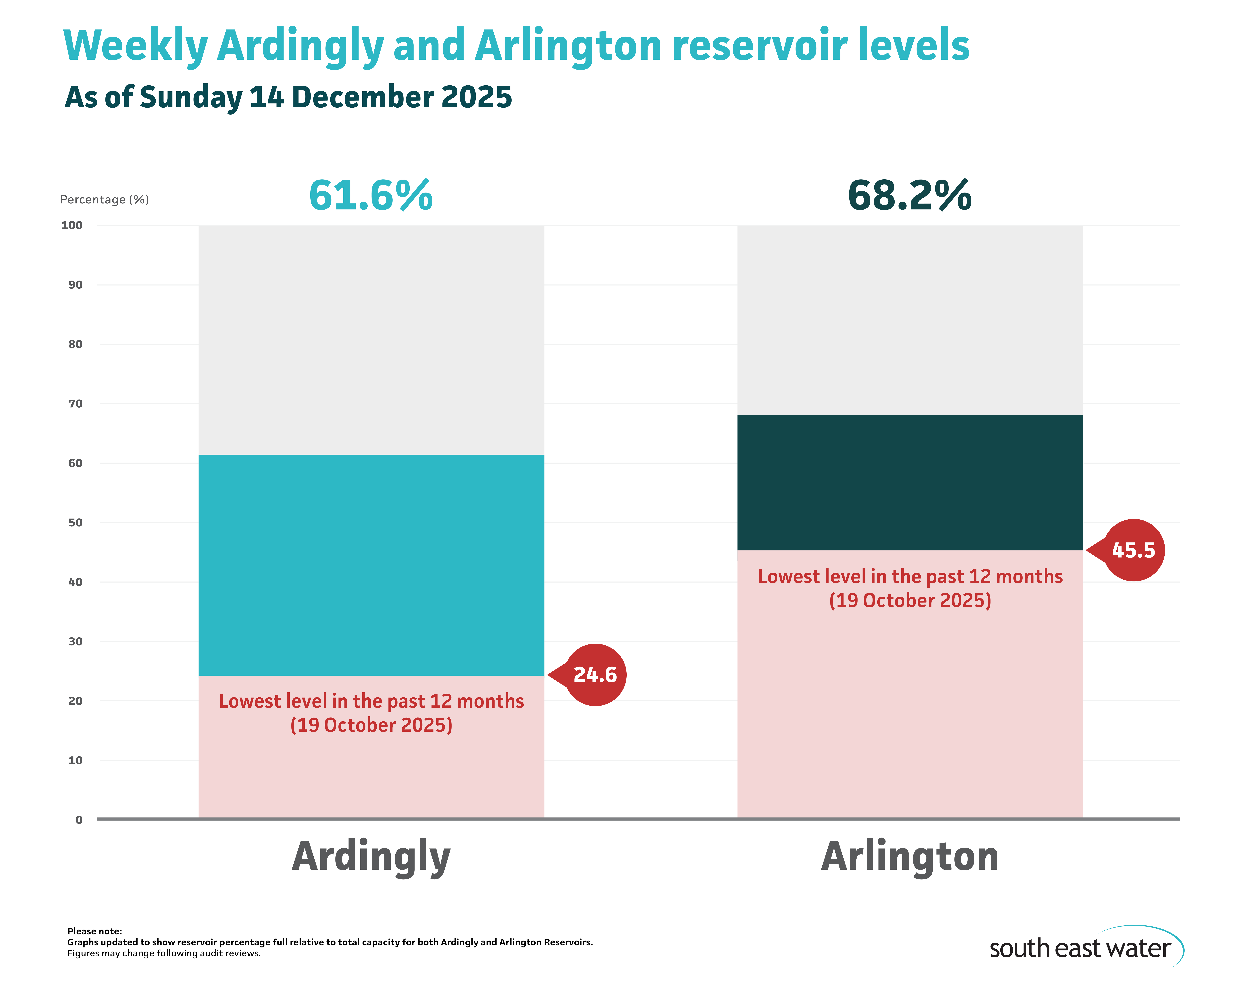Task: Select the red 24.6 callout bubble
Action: [595, 674]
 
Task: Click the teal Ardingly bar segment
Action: [371, 565]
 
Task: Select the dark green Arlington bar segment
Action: [910, 482]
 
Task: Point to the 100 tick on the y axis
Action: [72, 225]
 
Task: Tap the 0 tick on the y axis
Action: [79, 819]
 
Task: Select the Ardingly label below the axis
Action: [371, 856]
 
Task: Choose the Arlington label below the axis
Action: [910, 856]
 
